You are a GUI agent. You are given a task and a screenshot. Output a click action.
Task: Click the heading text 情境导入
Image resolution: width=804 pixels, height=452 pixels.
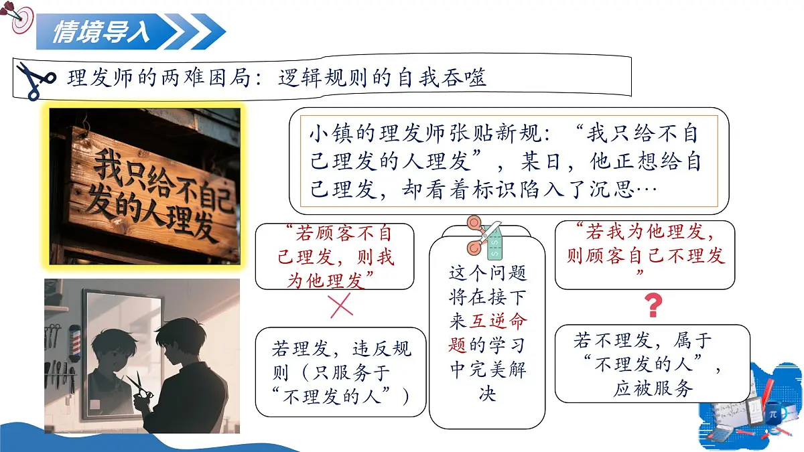coord(101,31)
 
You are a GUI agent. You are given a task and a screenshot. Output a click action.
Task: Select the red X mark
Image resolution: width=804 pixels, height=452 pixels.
coord(341,305)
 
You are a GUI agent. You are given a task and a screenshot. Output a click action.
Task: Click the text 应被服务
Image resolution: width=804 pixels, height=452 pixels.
coord(653,389)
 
